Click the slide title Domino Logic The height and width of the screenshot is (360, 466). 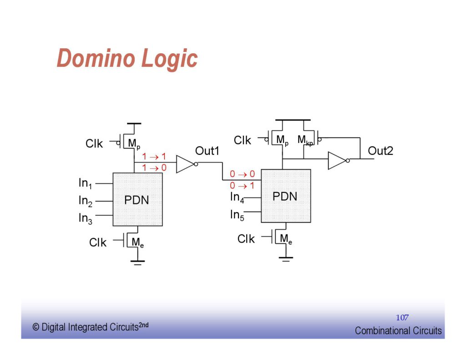(x=127, y=59)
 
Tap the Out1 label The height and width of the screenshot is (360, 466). (x=207, y=151)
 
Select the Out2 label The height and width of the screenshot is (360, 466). (x=380, y=151)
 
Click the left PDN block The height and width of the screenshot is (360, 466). (x=137, y=199)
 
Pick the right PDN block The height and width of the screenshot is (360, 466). (x=286, y=196)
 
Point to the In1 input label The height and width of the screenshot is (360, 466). (x=86, y=183)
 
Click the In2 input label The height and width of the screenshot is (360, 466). (x=86, y=201)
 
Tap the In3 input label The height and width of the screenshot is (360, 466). (x=86, y=218)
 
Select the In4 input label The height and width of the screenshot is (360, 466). (x=237, y=198)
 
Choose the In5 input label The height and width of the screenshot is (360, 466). (x=237, y=215)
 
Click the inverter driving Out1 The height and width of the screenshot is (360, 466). (x=186, y=164)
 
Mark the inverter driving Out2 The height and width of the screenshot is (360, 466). (x=338, y=160)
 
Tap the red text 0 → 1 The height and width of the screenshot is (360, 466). (x=242, y=186)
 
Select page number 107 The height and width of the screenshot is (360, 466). (x=402, y=318)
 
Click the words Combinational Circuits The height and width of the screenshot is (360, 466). (x=398, y=331)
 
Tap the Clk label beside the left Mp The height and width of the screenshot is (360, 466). (x=94, y=144)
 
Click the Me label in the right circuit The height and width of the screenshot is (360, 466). (x=286, y=238)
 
